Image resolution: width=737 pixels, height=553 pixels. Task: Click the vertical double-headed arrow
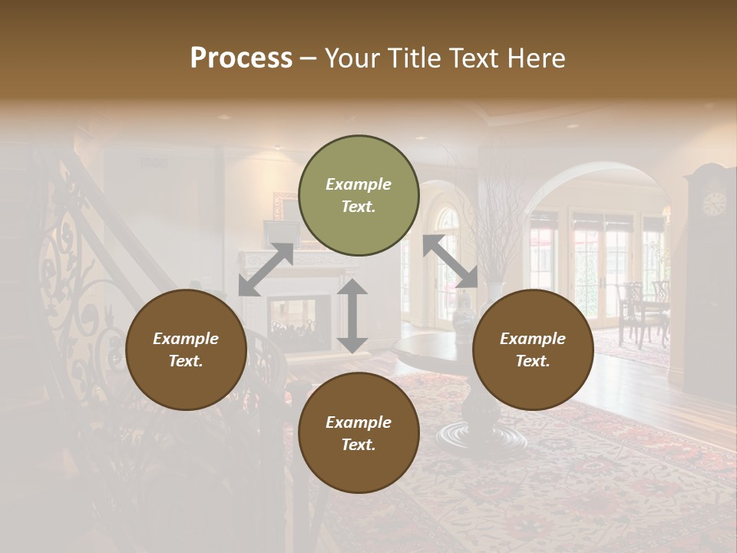pyautogui.click(x=352, y=316)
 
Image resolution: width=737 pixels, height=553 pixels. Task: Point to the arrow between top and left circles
pyautogui.click(x=266, y=269)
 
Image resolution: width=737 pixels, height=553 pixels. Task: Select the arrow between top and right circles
pyautogui.click(x=451, y=261)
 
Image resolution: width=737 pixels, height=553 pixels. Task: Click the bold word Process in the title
pyautogui.click(x=241, y=58)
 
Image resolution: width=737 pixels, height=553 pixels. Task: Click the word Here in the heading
pyautogui.click(x=537, y=58)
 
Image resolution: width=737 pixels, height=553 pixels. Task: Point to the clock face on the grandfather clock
pyautogui.click(x=714, y=204)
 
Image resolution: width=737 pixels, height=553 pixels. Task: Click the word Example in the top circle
pyautogui.click(x=359, y=184)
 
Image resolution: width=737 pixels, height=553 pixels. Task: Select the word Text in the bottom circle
pyautogui.click(x=357, y=445)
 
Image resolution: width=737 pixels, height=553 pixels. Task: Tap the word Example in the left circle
pyautogui.click(x=186, y=339)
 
